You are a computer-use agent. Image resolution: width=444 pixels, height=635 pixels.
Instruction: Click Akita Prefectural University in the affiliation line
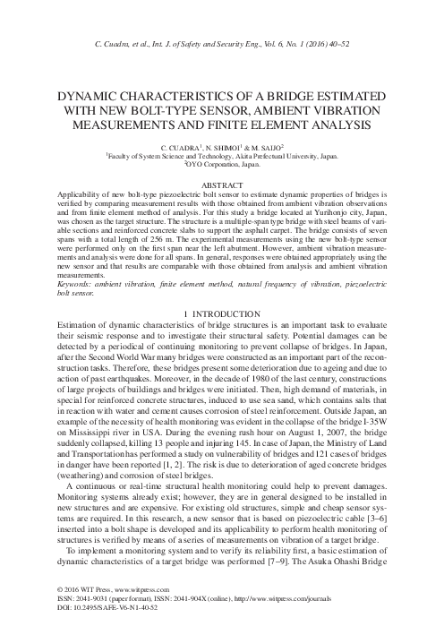click(275, 155)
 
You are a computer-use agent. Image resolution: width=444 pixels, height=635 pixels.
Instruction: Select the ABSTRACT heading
click(221, 184)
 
